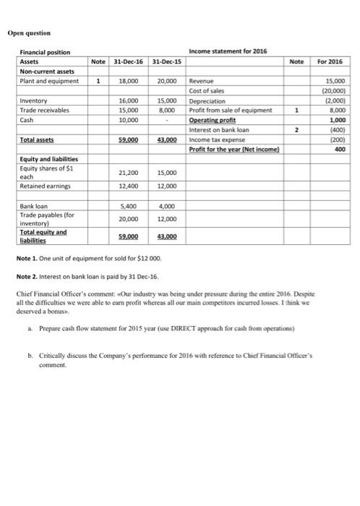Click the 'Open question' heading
[x=31, y=33]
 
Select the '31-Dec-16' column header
[x=131, y=62]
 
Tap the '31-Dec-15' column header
[x=168, y=62]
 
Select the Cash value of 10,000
[x=131, y=120]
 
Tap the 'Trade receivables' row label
[x=45, y=110]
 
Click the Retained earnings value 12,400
[x=131, y=186]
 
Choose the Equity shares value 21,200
[x=131, y=173]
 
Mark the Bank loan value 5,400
[x=131, y=206]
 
